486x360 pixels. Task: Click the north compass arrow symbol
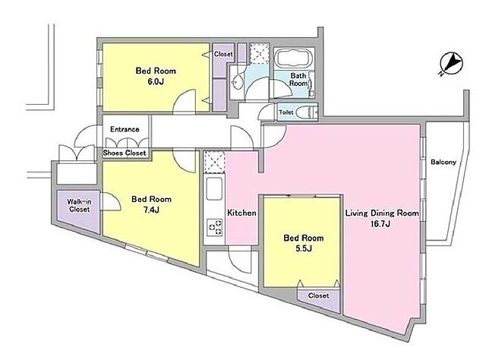[451, 65]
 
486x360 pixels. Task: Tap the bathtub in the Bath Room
[294, 58]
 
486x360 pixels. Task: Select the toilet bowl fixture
[306, 112]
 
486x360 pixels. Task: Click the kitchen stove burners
[215, 228]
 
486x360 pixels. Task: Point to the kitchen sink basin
[214, 188]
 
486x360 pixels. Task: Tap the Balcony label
[443, 162]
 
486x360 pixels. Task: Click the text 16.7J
[380, 224]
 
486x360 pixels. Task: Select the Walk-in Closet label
[79, 206]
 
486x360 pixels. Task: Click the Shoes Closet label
[125, 153]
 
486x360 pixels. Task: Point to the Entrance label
[125, 129]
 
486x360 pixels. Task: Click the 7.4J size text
[151, 210]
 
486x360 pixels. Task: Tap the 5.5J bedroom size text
[304, 248]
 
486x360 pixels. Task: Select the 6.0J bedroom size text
[155, 81]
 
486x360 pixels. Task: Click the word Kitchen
[241, 213]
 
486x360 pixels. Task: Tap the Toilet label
[286, 112]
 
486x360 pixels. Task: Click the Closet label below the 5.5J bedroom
[319, 295]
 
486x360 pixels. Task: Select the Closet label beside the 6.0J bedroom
[223, 54]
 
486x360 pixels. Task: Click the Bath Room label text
[298, 80]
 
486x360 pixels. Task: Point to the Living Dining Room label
[382, 213]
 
